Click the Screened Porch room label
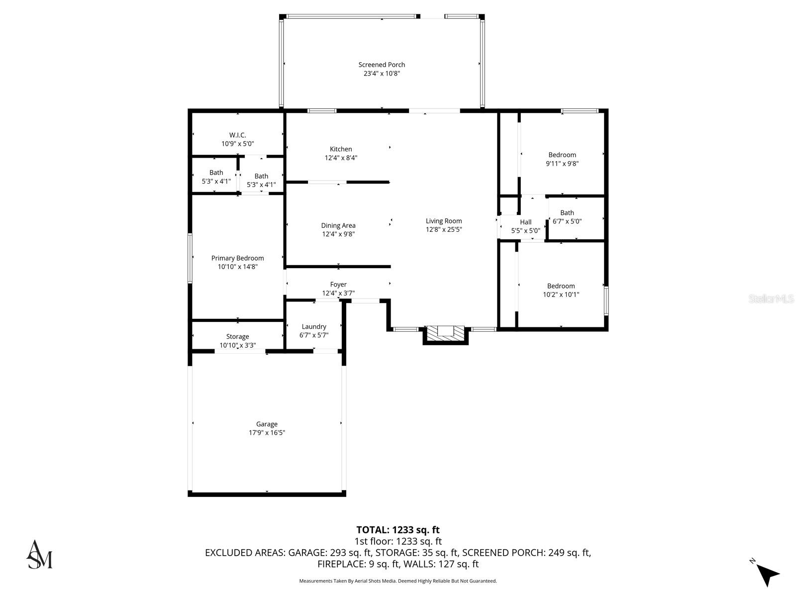click(382, 65)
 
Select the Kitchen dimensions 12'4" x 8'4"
click(341, 158)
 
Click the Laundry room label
click(314, 326)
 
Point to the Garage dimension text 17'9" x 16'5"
click(267, 433)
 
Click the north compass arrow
click(768, 575)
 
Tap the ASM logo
click(39, 554)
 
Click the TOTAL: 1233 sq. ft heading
click(398, 530)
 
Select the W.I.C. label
click(237, 135)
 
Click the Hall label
click(525, 222)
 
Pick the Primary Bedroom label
click(237, 258)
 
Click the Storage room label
click(237, 336)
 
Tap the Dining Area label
click(338, 225)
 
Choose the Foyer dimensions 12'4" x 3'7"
click(338, 293)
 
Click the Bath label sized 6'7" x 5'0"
click(567, 212)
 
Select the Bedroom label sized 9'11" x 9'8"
click(562, 155)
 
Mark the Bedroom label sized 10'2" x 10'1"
click(561, 286)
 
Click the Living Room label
click(444, 221)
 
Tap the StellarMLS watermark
click(771, 298)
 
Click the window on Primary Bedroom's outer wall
click(190, 258)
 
